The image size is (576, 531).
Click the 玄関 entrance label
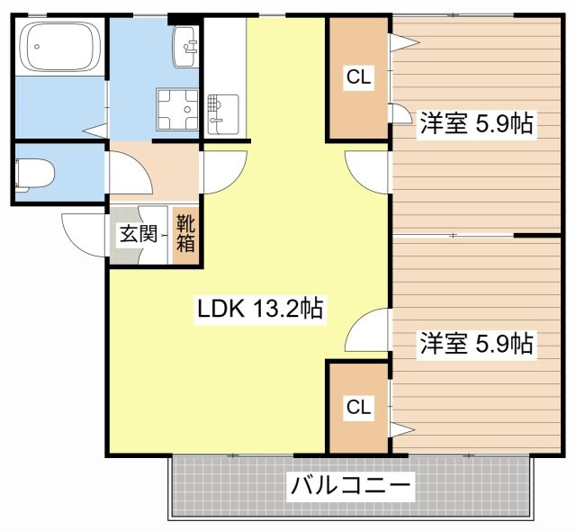click(138, 235)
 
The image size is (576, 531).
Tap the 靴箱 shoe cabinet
click(185, 233)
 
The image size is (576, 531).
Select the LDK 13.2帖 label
click(260, 310)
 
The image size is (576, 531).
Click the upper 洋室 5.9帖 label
click(475, 125)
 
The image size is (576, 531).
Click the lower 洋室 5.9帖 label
click(475, 343)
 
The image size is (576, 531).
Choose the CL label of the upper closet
click(358, 78)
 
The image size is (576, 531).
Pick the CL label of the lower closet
click(358, 408)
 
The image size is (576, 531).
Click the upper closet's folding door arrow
click(401, 40)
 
